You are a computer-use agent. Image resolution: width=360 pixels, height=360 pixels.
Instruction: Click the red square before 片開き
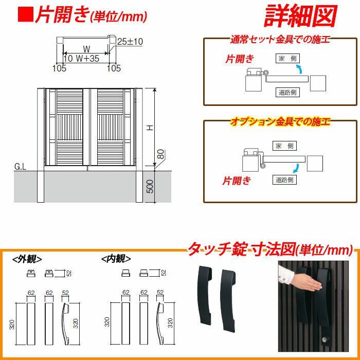click(26, 14)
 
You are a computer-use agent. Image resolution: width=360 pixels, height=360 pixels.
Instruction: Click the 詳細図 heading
click(300, 16)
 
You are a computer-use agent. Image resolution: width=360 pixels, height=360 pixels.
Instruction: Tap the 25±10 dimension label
click(130, 42)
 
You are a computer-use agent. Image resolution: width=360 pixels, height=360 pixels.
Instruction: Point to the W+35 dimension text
click(87, 59)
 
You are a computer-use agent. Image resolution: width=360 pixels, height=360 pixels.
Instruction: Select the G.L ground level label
click(21, 167)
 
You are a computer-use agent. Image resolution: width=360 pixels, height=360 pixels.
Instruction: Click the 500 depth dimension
click(150, 186)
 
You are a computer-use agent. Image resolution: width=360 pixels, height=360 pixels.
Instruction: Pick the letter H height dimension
click(150, 128)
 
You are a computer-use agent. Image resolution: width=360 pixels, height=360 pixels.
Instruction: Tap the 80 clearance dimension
click(161, 154)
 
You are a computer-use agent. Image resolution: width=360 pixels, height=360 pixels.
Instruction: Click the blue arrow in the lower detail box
click(296, 169)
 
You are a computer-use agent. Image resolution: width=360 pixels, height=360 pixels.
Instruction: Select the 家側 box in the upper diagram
click(287, 59)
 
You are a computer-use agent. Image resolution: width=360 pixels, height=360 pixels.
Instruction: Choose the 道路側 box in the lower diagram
click(284, 179)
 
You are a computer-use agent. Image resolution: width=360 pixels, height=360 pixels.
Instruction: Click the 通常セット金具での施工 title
click(280, 40)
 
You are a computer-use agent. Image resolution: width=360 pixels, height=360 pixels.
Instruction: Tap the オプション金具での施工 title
click(280, 121)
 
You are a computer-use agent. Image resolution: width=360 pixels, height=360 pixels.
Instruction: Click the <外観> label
click(27, 259)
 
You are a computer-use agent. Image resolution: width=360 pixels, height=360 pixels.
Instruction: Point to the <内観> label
click(116, 259)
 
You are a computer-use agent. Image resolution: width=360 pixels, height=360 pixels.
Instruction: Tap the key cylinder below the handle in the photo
click(326, 338)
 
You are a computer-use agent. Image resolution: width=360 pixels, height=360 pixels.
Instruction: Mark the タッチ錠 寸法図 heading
click(241, 249)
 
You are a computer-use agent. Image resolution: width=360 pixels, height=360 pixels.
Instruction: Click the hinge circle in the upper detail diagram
click(266, 73)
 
